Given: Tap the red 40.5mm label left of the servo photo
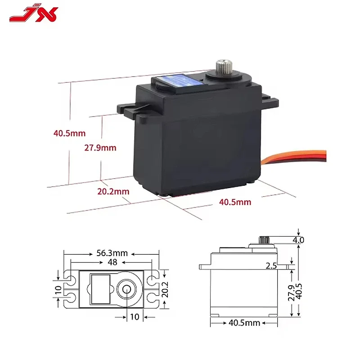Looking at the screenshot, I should tap(69, 133).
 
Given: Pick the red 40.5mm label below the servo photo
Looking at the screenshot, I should tap(235, 202).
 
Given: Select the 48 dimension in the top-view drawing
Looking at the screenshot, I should tap(111, 261).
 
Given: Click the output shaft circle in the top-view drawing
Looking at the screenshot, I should tap(126, 288).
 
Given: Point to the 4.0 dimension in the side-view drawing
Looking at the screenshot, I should tap(298, 240).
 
